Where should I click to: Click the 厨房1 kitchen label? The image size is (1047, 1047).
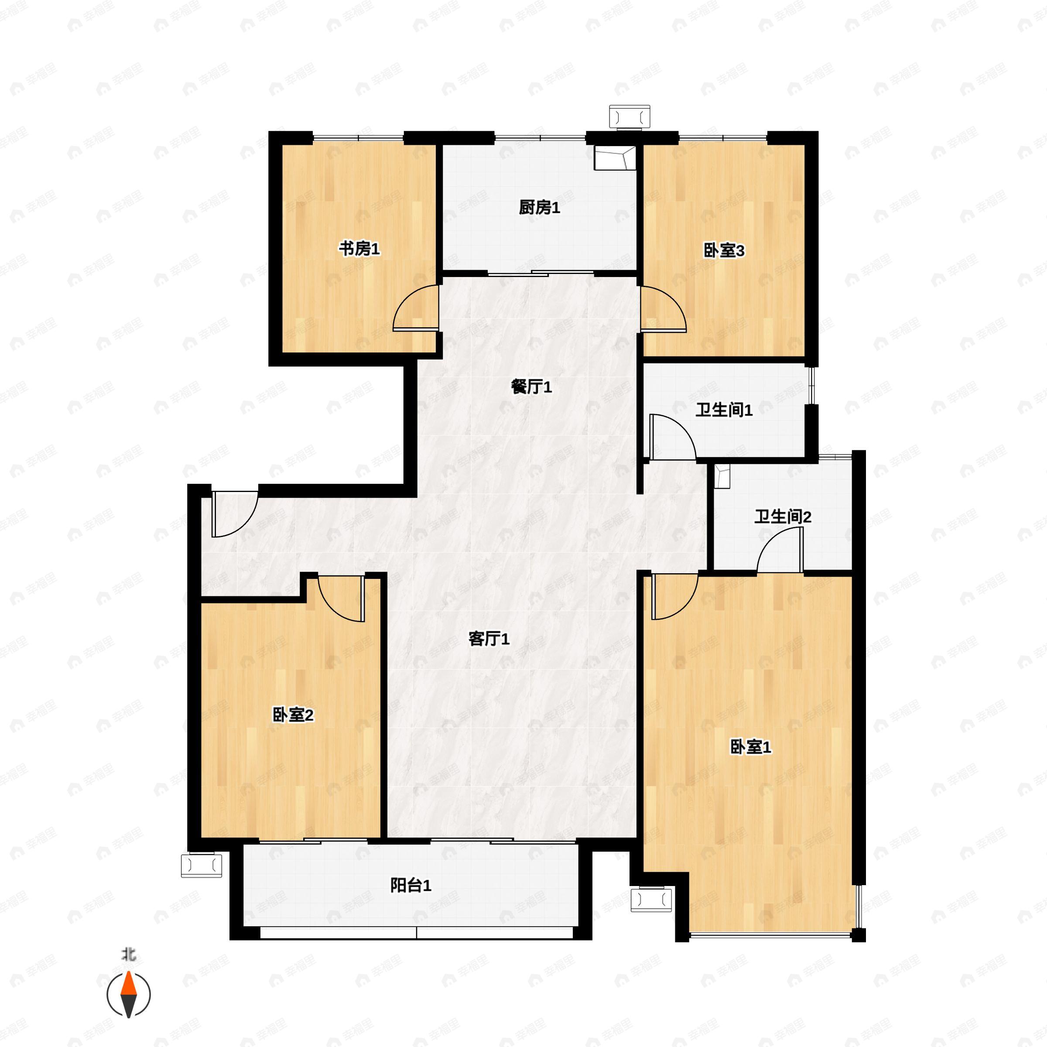(x=539, y=207)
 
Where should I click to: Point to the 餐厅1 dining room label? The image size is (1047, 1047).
(x=531, y=387)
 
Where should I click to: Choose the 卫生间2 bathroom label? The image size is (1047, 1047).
(x=782, y=517)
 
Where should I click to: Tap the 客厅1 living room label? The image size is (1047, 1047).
(x=488, y=639)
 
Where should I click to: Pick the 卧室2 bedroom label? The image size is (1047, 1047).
(x=293, y=715)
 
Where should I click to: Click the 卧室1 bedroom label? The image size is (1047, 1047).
(x=750, y=747)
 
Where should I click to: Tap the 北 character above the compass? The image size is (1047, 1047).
(x=128, y=954)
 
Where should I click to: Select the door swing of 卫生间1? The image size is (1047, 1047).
(x=672, y=437)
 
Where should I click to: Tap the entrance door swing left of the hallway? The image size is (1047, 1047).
(x=233, y=514)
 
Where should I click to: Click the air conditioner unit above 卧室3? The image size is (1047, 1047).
(x=629, y=116)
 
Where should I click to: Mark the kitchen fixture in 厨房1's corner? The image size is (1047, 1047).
(x=615, y=158)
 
